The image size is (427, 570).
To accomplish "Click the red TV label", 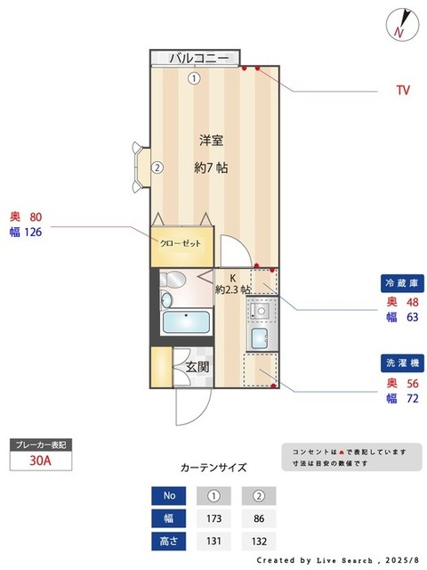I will click(x=403, y=90).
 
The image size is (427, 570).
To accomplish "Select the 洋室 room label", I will click(x=211, y=140).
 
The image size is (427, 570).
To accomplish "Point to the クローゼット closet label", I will click(x=180, y=243).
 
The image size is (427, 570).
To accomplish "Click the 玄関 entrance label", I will click(x=197, y=365).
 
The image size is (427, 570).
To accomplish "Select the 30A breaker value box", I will click(x=38, y=461).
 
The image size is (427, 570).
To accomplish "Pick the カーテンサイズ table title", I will click(x=213, y=467).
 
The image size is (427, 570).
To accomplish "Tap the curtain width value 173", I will click(x=213, y=517).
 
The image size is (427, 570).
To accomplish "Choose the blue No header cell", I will click(x=169, y=495).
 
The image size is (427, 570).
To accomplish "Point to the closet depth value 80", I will click(x=36, y=216).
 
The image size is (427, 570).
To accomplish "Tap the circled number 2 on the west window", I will click(x=156, y=167).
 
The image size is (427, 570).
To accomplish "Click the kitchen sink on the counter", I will click(x=259, y=338).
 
